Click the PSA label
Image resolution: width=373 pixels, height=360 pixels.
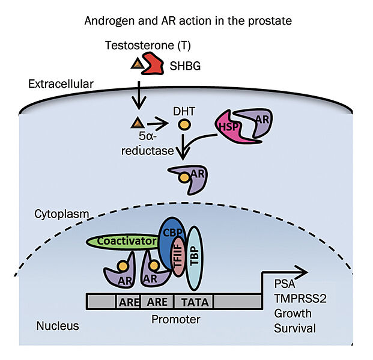click(285, 283)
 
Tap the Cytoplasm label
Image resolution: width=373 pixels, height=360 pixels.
click(61, 214)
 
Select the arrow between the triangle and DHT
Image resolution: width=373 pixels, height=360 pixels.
click(157, 125)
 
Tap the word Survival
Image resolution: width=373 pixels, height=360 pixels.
click(294, 328)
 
